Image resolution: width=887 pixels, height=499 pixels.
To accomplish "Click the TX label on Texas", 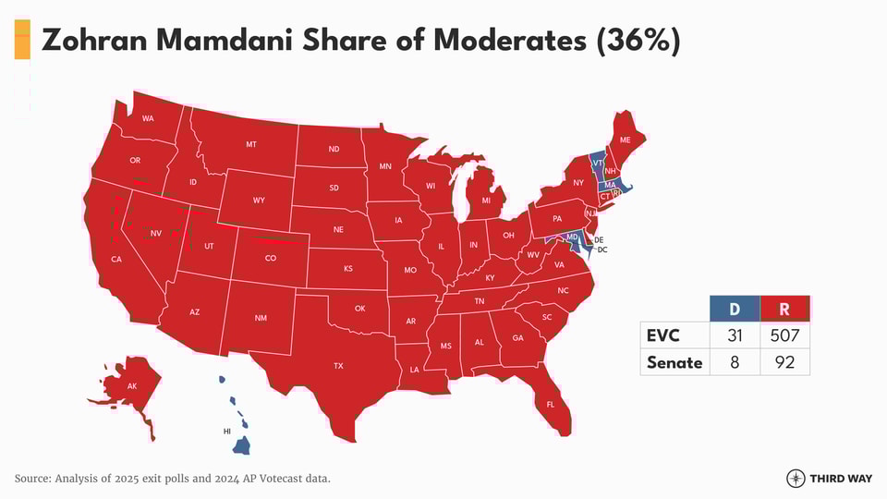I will point(338,366).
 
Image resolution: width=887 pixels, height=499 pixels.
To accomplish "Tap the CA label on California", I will point(116,259).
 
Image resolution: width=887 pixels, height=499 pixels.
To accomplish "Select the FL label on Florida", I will point(551,405).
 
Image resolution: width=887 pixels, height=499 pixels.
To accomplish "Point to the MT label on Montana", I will point(251,145).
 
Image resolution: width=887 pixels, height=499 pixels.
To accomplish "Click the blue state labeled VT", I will point(598,163).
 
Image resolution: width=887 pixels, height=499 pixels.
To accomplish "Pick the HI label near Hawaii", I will point(227,432).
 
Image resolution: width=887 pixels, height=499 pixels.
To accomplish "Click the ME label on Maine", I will point(625,140).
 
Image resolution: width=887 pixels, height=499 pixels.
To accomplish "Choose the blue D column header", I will point(735,309).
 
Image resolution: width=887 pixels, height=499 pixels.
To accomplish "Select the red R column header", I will point(784,309).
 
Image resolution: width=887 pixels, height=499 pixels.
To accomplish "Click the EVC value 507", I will point(784,335).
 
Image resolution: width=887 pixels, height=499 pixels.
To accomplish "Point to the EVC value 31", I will point(735,335).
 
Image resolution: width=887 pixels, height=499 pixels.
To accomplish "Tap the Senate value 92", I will point(784,362).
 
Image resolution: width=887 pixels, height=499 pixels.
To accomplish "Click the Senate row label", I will point(674,362).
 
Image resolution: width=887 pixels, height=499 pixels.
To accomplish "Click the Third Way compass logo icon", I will point(796,478).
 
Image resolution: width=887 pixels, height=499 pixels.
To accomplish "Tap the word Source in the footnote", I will point(36,478).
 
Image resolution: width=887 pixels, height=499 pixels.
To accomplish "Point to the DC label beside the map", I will point(601,249).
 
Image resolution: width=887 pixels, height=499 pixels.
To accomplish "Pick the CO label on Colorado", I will point(271,258).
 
